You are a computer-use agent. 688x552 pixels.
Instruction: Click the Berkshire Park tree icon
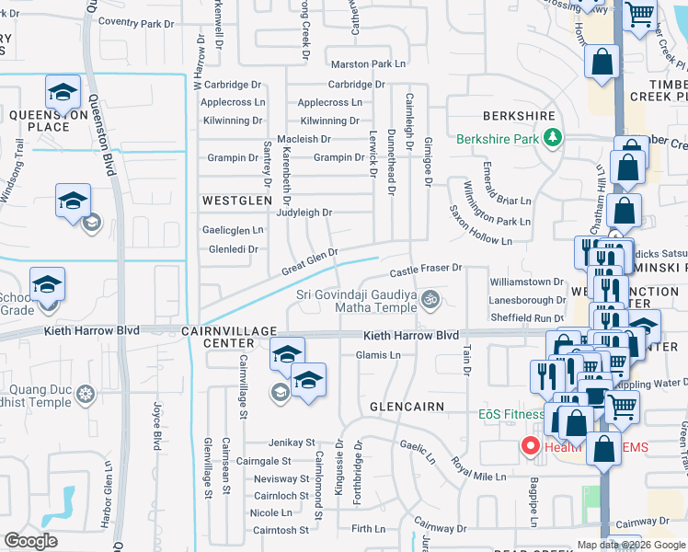[x=552, y=139]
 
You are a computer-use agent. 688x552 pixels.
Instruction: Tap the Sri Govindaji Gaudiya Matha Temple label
[x=355, y=300]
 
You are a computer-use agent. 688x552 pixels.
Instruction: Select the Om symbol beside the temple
[x=430, y=300]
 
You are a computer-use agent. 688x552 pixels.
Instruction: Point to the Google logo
[x=30, y=541]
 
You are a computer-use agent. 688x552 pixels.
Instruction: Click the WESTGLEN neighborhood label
[x=238, y=200]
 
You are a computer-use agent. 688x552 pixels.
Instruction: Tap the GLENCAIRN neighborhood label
[x=407, y=406]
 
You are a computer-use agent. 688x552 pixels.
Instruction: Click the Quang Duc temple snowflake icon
[x=86, y=395]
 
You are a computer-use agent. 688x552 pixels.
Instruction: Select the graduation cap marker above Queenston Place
[x=63, y=91]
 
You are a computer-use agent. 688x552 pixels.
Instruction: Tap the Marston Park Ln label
[x=368, y=64]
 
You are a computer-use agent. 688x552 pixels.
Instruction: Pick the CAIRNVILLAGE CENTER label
[x=229, y=337]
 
